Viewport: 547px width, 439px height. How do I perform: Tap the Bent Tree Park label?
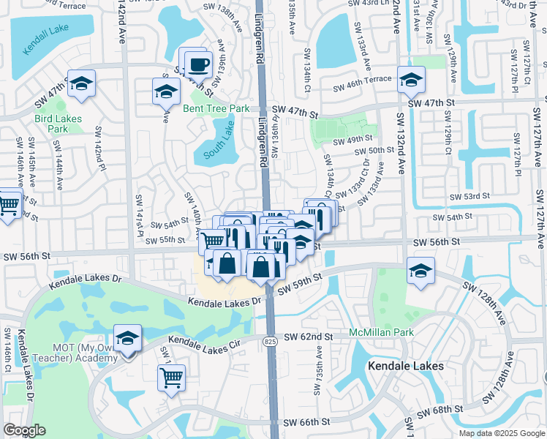click(x=216, y=108)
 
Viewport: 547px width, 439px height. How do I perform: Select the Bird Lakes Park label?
click(x=58, y=124)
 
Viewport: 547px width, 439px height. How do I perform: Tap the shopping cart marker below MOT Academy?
click(x=171, y=378)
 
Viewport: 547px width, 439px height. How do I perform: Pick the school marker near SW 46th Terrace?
click(x=411, y=80)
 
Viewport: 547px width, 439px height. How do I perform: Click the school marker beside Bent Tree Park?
click(x=166, y=91)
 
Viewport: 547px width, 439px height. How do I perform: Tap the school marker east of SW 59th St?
click(x=420, y=271)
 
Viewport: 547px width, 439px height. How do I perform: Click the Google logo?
click(x=24, y=430)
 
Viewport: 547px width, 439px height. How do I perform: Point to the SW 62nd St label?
click(x=309, y=337)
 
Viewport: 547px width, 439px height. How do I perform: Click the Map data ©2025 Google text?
click(x=501, y=433)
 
